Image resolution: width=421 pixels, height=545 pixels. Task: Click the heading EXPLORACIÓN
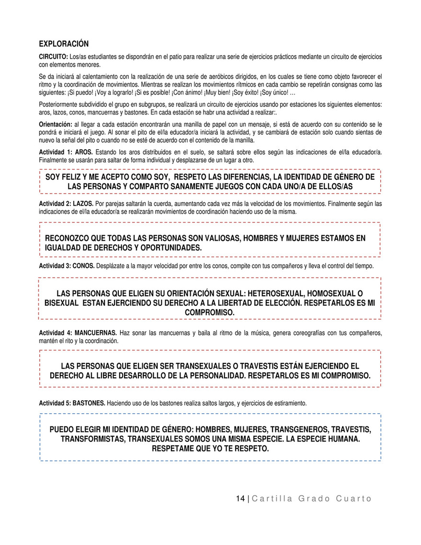64,44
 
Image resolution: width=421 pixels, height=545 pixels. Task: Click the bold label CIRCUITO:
53,57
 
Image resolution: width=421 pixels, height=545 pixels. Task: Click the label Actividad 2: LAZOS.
66,203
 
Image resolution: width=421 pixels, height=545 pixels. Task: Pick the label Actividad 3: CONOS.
67,266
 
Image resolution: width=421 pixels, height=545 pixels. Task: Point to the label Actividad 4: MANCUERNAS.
78,333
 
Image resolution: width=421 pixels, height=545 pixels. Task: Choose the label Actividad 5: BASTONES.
72,404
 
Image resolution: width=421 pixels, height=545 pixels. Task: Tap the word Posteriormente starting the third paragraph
57,104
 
